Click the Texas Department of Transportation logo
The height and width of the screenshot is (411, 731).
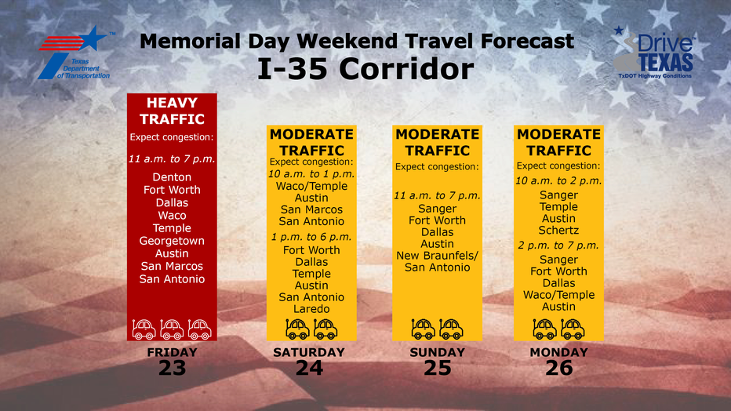pos(75,53)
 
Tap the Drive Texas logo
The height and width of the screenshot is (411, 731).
pos(654,53)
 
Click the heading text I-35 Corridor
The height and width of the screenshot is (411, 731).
pos(365,69)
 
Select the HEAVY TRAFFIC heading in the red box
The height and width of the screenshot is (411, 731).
pos(172,111)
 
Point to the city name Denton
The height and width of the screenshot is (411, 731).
pos(172,177)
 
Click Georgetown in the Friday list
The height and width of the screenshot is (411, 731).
pos(172,241)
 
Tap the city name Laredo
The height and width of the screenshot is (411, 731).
pos(311,309)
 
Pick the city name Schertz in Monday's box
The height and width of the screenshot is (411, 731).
pos(558,230)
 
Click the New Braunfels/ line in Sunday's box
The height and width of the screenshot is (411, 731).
pos(438,256)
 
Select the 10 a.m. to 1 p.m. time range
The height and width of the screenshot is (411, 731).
pos(311,174)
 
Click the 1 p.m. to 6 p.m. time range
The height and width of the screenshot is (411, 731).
pos(311,237)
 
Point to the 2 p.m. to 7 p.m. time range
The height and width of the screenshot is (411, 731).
pos(558,246)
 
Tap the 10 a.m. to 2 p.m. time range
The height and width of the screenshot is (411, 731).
pos(558,181)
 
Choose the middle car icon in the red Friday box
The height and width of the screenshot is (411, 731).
pos(172,329)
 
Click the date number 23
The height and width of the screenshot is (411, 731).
pos(172,368)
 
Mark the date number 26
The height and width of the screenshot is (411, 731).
pos(559,368)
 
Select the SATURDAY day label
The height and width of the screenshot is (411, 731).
pos(309,352)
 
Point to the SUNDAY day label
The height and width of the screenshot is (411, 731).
pos(438,352)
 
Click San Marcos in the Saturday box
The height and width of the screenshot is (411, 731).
pos(311,209)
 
